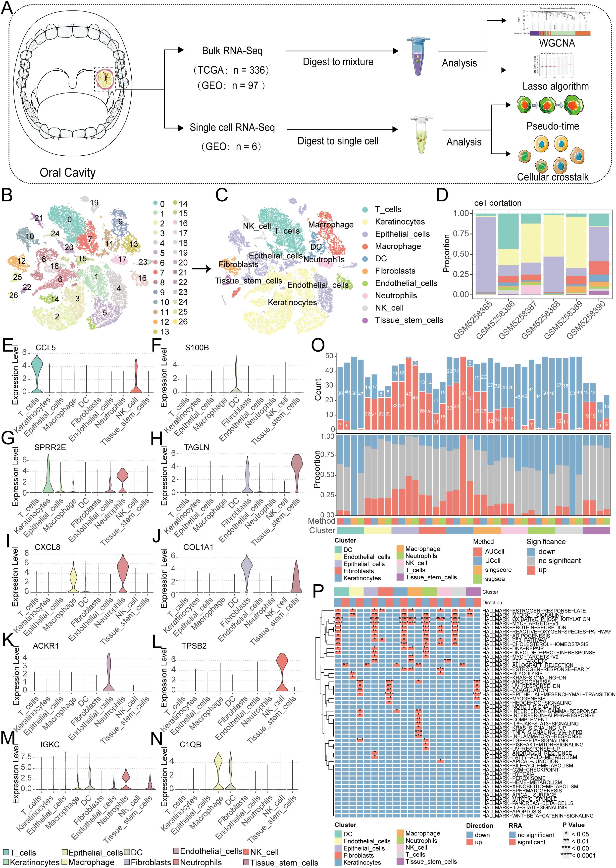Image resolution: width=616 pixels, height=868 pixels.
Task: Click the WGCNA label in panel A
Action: [557, 43]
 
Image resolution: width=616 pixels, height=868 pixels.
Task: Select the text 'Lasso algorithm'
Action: [555, 87]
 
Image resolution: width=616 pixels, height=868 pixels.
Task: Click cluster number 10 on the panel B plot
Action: [30, 236]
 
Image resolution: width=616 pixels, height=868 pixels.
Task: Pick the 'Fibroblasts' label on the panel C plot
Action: [238, 264]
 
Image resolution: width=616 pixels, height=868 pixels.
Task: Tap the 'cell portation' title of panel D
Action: [498, 203]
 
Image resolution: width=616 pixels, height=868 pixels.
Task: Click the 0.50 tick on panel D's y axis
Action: [461, 254]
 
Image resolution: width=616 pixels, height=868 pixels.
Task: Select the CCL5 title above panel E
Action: [46, 348]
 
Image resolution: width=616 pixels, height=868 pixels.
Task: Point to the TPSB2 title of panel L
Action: [194, 646]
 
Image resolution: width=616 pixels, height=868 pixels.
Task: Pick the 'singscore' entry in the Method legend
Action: [498, 570]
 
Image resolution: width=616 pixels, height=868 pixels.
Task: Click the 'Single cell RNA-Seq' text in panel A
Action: [232, 128]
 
